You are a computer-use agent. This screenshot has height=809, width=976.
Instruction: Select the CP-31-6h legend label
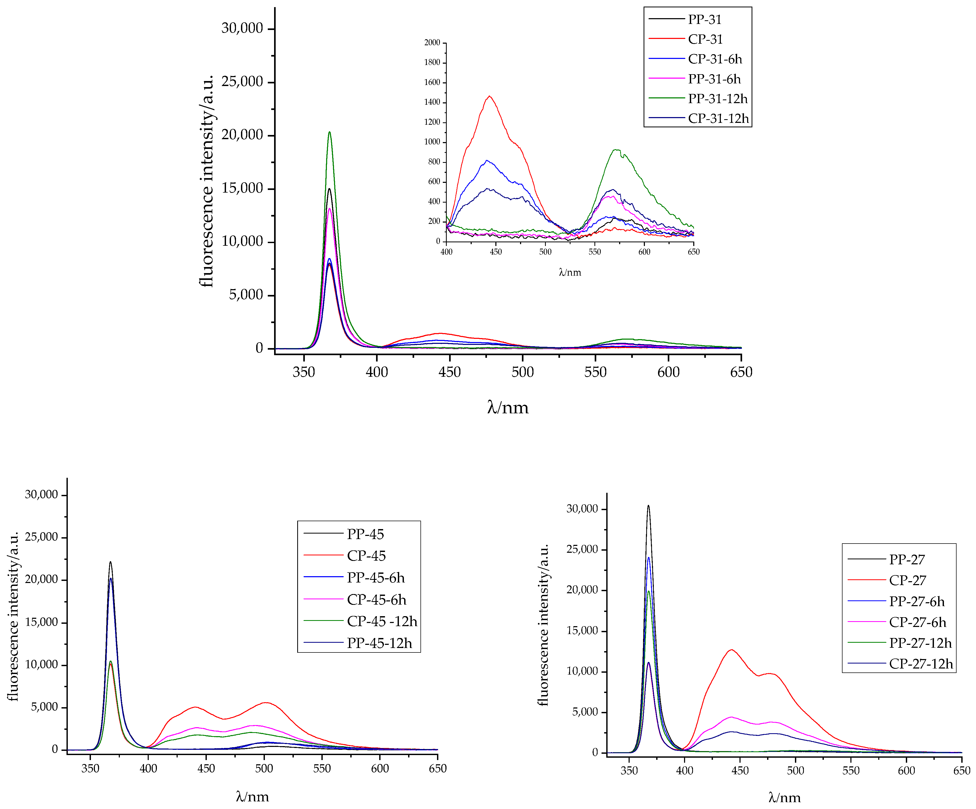pyautogui.click(x=715, y=59)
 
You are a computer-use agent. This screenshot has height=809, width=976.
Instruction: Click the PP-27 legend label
pyautogui.click(x=906, y=559)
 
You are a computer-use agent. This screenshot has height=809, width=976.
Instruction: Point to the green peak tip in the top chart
pyautogui.click(x=330, y=132)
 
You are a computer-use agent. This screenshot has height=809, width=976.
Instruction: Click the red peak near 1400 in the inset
pyautogui.click(x=489, y=96)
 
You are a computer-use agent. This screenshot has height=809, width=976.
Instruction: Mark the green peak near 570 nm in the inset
pyautogui.click(x=616, y=150)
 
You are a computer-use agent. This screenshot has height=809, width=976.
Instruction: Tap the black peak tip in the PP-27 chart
pyautogui.click(x=648, y=506)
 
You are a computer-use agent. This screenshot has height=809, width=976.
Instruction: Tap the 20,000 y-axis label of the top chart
pyautogui.click(x=242, y=135)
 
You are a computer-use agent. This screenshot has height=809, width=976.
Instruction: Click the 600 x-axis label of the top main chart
pyautogui.click(x=668, y=372)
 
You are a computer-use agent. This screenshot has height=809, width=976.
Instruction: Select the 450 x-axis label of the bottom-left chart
pyautogui.click(x=206, y=768)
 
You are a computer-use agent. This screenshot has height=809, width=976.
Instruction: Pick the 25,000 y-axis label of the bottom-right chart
pyautogui.click(x=582, y=549)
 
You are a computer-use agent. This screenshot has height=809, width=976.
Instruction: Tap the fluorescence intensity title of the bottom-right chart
pyautogui.click(x=543, y=624)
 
